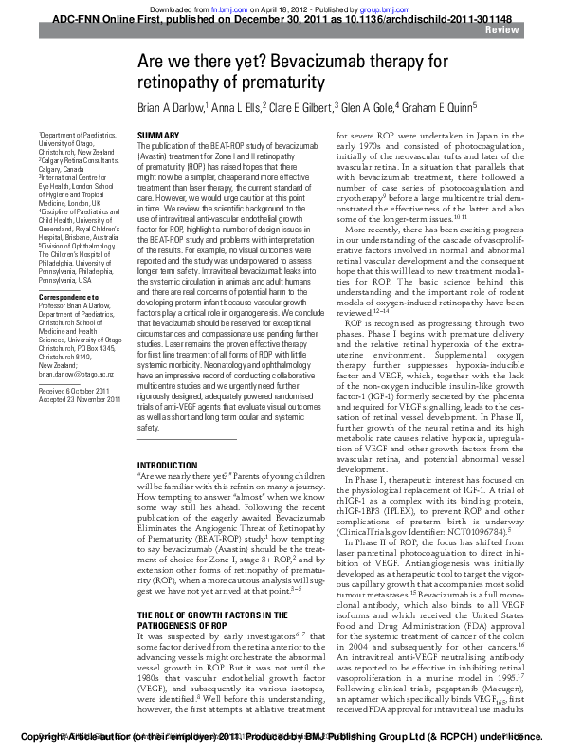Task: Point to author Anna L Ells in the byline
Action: (x=237, y=107)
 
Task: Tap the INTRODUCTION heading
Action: (x=168, y=465)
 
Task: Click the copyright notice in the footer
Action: (x=281, y=736)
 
